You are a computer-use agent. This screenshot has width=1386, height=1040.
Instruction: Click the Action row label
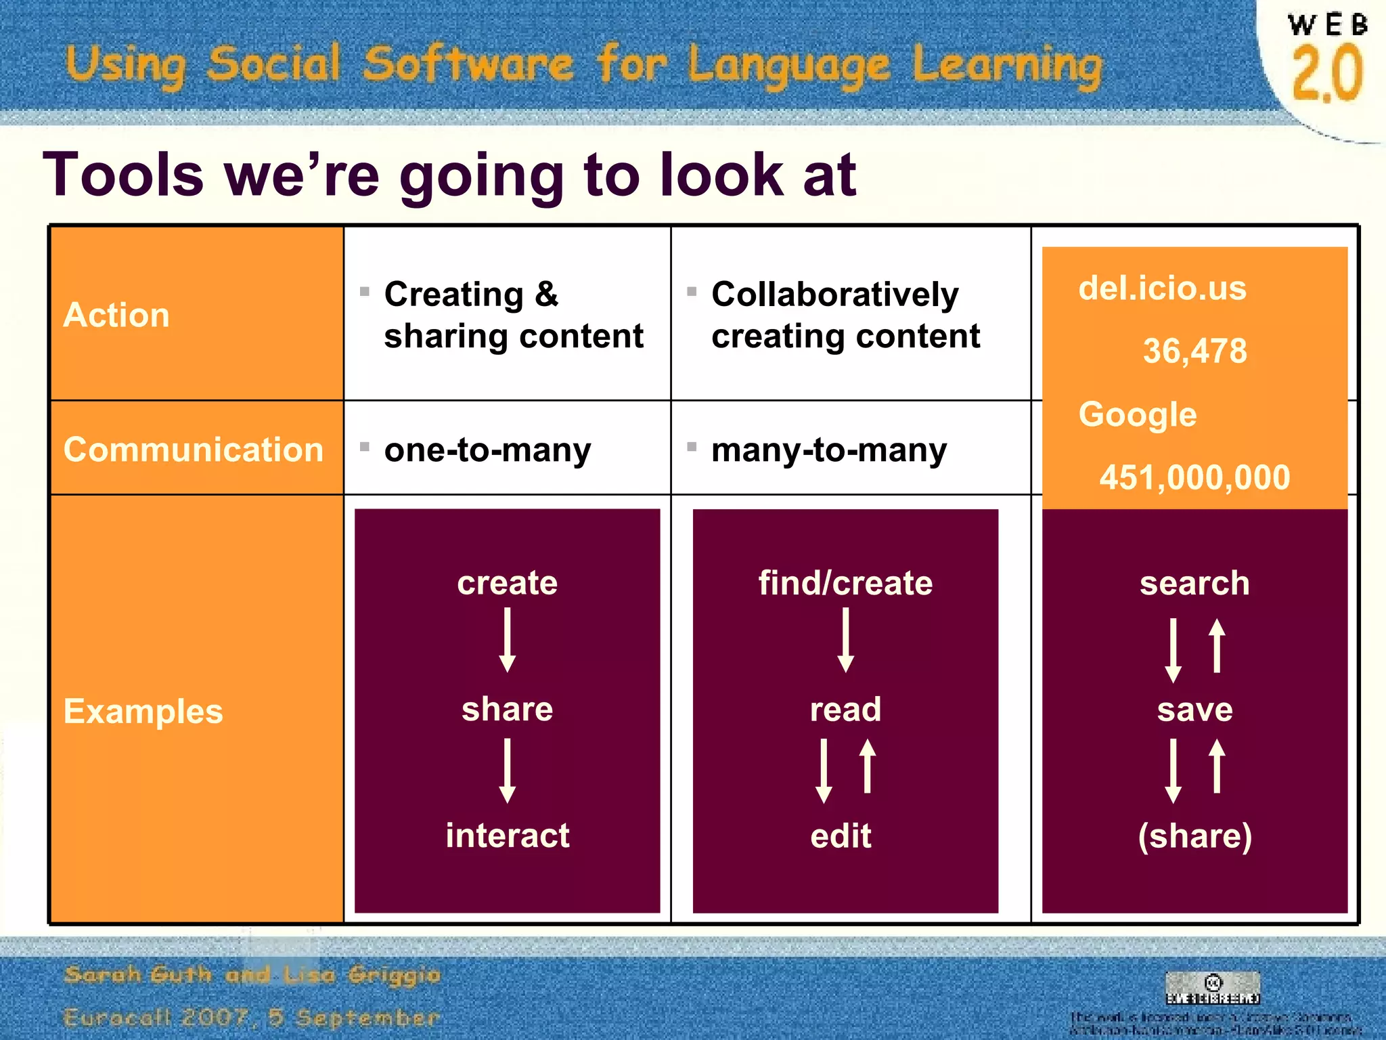[116, 315]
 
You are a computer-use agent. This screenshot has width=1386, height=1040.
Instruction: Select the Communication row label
[194, 450]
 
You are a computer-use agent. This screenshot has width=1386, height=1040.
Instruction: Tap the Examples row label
[143, 711]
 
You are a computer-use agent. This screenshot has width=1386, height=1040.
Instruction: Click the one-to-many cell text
[487, 450]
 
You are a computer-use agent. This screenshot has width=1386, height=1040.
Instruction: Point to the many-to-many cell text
[829, 450]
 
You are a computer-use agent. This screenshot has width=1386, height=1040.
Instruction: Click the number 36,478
[1194, 351]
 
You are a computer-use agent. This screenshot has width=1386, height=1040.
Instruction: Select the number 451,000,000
[1194, 477]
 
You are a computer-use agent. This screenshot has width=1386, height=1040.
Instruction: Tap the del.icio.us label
[1162, 288]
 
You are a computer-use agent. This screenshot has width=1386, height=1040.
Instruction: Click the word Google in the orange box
[1138, 414]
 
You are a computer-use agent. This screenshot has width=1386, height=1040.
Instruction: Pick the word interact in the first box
[508, 836]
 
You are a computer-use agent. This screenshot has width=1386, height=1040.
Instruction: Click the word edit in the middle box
[841, 836]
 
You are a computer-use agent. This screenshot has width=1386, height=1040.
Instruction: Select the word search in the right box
[1194, 583]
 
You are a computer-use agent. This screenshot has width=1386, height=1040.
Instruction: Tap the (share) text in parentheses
[1194, 836]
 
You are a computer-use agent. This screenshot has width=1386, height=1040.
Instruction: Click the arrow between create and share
[508, 640]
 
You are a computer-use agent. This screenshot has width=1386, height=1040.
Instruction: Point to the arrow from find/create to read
[845, 640]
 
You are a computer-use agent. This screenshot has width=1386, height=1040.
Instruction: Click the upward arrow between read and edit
[868, 766]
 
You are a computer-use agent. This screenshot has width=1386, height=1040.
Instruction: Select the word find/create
[845, 583]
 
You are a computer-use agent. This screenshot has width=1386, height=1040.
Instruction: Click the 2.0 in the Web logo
[1326, 73]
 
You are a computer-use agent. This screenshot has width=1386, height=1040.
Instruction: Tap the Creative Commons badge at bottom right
[1213, 988]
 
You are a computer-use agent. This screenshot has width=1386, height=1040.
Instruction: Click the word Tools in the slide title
[123, 175]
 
